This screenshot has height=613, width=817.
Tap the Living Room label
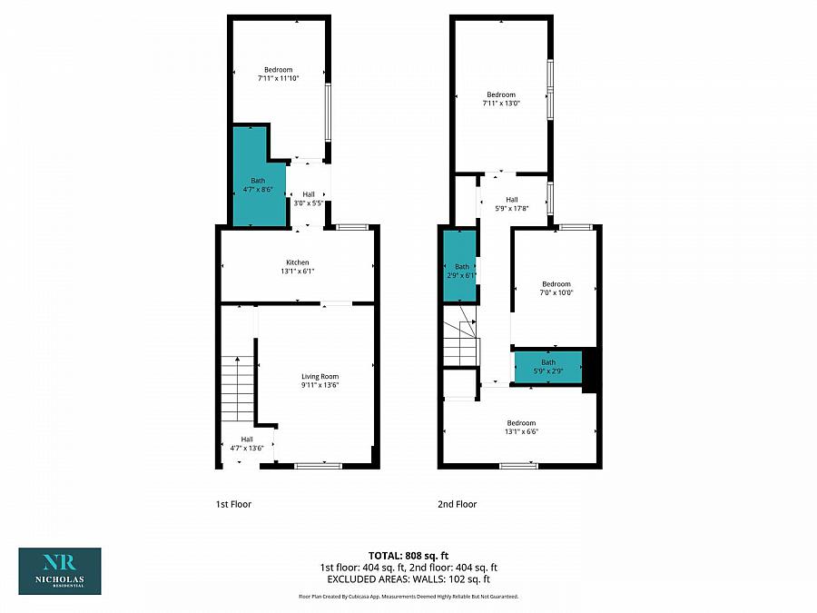(x=320, y=381)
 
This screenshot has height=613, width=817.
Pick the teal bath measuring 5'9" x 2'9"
(x=547, y=367)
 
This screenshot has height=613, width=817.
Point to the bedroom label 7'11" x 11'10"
(x=279, y=74)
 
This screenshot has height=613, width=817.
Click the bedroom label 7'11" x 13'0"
(x=501, y=99)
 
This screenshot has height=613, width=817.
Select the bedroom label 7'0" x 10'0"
(x=556, y=288)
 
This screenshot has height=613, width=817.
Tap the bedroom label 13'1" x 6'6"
(x=521, y=427)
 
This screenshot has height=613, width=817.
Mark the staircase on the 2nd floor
(x=459, y=335)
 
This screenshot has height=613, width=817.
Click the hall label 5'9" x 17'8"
(x=512, y=204)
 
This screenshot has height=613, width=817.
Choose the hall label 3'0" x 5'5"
(x=309, y=198)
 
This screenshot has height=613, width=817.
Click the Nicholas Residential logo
(x=60, y=570)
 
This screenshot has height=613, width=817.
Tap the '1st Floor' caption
(x=233, y=504)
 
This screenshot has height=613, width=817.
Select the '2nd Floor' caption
(x=458, y=504)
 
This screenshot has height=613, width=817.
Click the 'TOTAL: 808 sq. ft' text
(x=408, y=555)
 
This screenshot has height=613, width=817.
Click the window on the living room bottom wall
(x=318, y=466)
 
